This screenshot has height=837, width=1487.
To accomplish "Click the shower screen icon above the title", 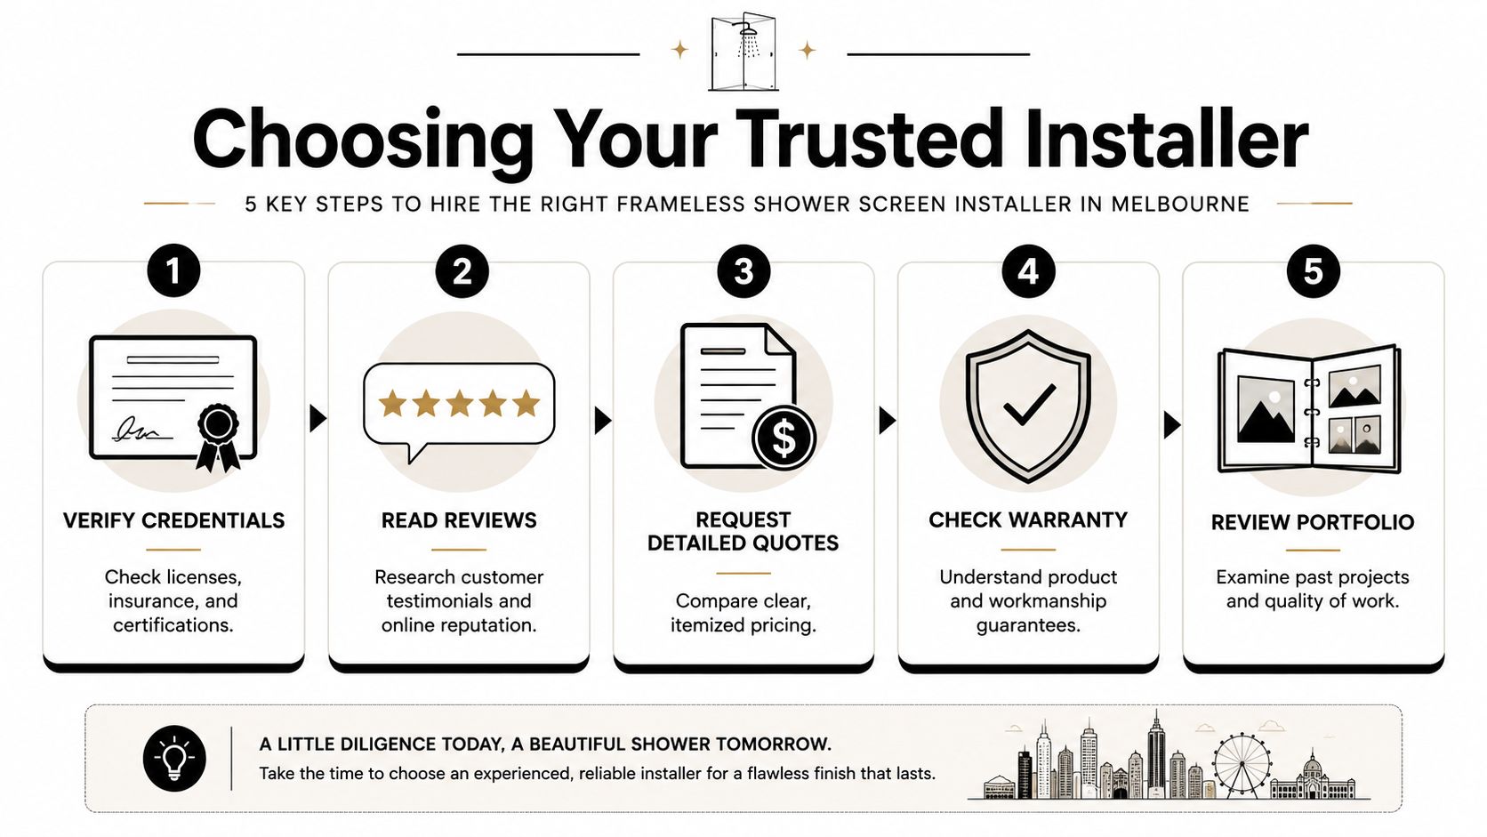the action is (743, 51).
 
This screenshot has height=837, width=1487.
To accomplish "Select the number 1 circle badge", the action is (174, 270).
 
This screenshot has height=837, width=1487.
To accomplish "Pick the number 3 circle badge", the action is (743, 270).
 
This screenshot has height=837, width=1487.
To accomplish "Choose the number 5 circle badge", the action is (1313, 270).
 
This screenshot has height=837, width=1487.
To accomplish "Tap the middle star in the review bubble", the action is (460, 403).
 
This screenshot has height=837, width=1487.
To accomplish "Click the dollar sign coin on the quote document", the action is (784, 439).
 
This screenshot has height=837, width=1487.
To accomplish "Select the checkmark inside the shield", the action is (1029, 404).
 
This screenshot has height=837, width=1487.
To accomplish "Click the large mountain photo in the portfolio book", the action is (1266, 409).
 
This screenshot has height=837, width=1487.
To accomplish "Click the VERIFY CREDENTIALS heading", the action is (174, 520).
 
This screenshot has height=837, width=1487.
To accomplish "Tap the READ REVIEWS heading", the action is (459, 520).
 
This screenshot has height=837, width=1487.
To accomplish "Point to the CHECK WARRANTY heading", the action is (1028, 519).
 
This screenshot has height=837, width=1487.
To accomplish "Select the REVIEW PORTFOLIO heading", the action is (1313, 522).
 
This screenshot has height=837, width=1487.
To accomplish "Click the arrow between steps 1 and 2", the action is (318, 419).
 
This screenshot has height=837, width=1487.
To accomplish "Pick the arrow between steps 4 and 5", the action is (1172, 424).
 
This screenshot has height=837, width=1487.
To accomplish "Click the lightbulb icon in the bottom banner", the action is (174, 759).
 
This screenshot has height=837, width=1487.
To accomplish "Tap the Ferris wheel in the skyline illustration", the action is (1242, 764).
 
